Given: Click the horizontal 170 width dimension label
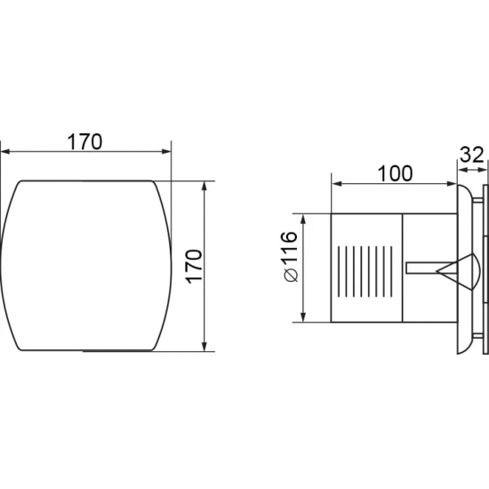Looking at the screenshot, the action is tap(84, 141).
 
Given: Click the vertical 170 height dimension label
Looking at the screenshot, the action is tap(195, 267).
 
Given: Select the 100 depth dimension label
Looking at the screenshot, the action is tap(395, 173).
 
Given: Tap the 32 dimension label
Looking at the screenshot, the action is tap(472, 155).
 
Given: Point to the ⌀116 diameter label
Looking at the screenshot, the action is tap(291, 256).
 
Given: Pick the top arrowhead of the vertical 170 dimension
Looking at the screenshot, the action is tap(204, 186).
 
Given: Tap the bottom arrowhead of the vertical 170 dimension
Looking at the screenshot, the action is tap(204, 347).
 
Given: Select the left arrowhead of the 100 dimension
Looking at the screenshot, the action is tap(336, 184).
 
